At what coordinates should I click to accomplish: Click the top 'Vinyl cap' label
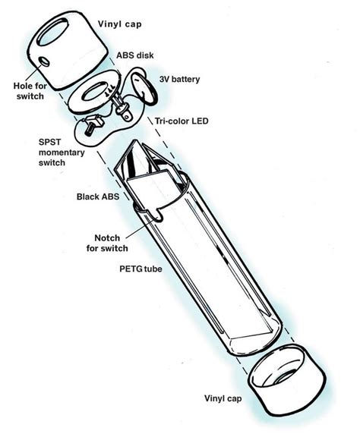(x=120, y=24)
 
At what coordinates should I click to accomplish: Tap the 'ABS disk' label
(x=135, y=55)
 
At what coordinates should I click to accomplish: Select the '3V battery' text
(x=180, y=79)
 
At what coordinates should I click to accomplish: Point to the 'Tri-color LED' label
(x=182, y=121)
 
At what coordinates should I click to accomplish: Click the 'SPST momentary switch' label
(x=62, y=152)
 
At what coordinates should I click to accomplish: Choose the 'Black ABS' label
(x=98, y=196)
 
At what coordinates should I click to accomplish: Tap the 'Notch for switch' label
(x=107, y=243)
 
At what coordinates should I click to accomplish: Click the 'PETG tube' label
(x=141, y=269)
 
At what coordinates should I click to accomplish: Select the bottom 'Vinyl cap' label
(x=223, y=398)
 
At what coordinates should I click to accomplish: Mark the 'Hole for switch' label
(x=30, y=91)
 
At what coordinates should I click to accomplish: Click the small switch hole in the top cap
(x=44, y=62)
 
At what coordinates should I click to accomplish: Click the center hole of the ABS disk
(x=94, y=92)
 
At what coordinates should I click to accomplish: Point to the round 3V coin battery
(x=144, y=88)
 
